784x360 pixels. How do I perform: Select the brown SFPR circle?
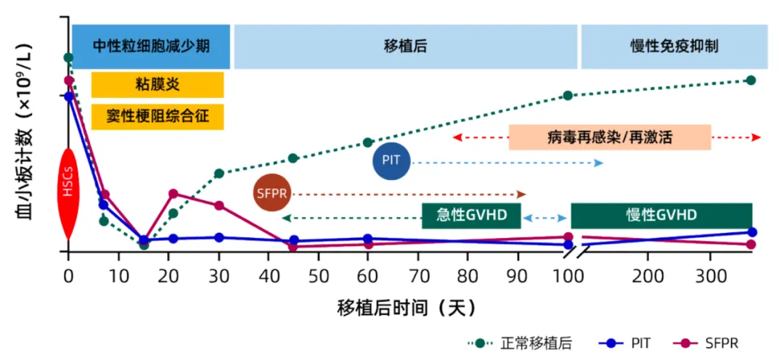coord(273,194)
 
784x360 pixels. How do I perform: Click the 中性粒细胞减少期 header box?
coord(151,46)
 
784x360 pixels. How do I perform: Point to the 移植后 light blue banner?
coord(405,46)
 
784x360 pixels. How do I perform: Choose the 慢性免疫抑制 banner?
coord(674,46)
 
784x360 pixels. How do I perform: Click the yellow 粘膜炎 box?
coord(157,85)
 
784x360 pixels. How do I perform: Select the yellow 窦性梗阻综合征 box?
coord(157,117)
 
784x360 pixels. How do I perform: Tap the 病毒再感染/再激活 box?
coord(610,137)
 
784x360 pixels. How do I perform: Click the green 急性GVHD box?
coord(471,216)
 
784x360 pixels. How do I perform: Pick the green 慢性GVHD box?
coord(661,216)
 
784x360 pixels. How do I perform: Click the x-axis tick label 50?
coord(318,277)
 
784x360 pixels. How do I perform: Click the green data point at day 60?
coord(368,142)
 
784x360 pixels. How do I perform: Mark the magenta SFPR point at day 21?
coord(173,194)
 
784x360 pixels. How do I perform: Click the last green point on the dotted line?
coord(751,80)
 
